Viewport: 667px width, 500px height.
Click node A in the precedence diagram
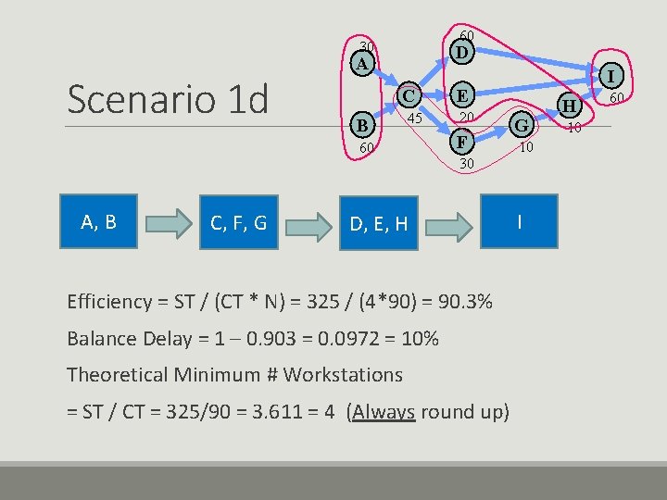(364, 63)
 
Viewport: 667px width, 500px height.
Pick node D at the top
(461, 53)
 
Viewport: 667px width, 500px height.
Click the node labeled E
(461, 95)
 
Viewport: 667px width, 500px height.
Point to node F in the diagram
(461, 142)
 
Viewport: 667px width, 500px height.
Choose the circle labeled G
(522, 125)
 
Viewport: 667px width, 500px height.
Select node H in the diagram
(570, 108)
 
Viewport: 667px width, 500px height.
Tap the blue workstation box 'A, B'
(98, 221)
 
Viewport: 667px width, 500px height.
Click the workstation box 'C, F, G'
(239, 223)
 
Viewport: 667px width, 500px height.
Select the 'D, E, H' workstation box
(378, 223)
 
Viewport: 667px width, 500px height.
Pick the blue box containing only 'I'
(520, 221)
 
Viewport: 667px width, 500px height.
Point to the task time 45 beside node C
(415, 119)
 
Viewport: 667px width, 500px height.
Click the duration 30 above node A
(367, 46)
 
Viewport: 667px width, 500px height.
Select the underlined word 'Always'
(384, 412)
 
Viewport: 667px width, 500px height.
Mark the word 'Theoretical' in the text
(115, 375)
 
